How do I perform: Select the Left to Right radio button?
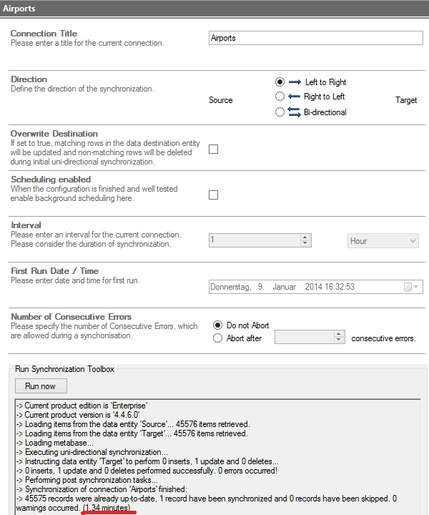tap(280, 82)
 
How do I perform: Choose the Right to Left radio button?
tap(280, 97)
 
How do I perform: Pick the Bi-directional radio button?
tap(280, 112)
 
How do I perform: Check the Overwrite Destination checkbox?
tap(213, 149)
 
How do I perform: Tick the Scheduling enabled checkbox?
tap(213, 195)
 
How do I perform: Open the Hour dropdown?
tap(383, 241)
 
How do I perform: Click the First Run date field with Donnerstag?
tap(304, 287)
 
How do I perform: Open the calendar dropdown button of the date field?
tap(413, 287)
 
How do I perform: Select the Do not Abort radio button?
tap(218, 325)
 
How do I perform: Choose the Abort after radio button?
tap(218, 338)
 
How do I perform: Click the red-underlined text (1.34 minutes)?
tap(107, 508)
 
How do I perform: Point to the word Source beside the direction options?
tap(220, 100)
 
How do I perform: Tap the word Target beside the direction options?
tap(406, 100)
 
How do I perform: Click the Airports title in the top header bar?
tap(19, 9)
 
